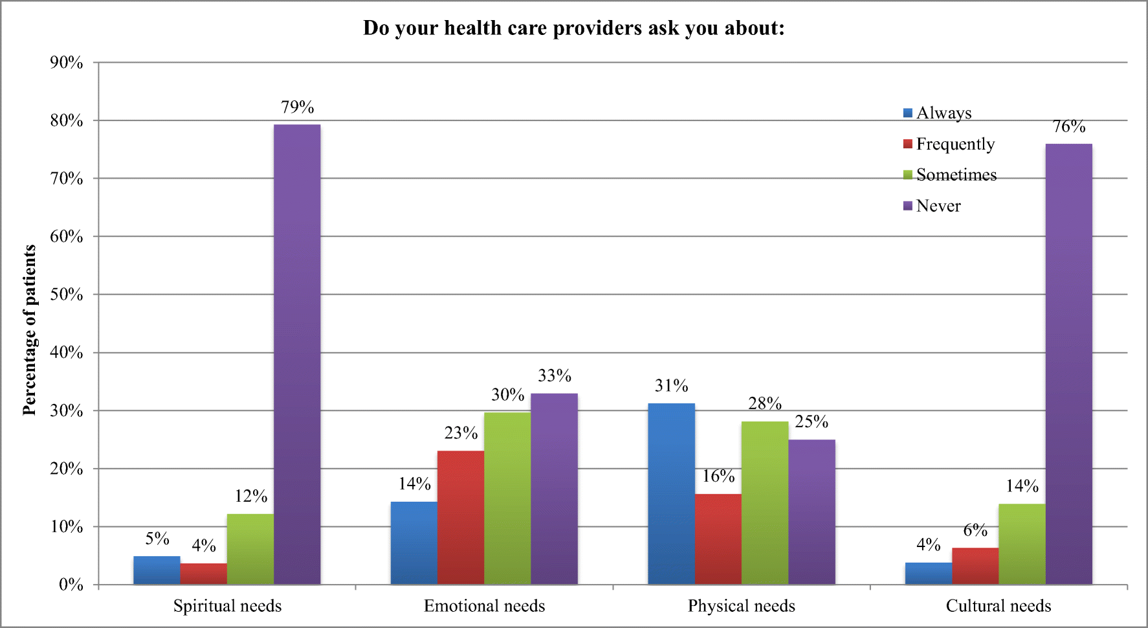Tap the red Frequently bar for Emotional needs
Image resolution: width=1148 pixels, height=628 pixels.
click(460, 517)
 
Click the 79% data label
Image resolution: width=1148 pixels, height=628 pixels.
click(297, 107)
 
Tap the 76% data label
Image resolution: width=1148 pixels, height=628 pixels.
click(1068, 126)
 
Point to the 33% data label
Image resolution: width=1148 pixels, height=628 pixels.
click(555, 376)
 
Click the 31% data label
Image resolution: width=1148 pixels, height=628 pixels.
click(671, 386)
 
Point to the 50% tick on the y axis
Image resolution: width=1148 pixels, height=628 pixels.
click(66, 295)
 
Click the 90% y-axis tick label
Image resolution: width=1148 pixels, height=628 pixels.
click(66, 63)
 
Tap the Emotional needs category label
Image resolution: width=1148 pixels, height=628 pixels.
click(484, 606)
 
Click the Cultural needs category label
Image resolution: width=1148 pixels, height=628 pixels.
click(998, 606)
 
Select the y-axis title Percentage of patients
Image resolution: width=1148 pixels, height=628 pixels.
click(29, 330)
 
